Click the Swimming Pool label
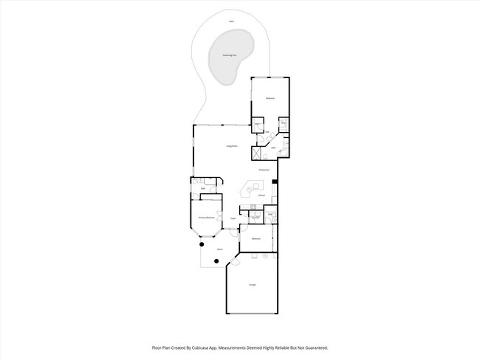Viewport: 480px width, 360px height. (x=230, y=55)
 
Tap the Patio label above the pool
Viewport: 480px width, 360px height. (x=231, y=21)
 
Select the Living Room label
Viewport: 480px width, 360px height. (x=231, y=147)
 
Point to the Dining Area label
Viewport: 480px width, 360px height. (x=263, y=170)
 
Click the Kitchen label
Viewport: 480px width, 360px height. (x=262, y=195)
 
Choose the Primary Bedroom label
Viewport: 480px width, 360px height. (x=206, y=218)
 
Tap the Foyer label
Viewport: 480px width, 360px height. (x=233, y=218)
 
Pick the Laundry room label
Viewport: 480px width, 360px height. (x=255, y=218)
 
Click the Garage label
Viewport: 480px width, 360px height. (x=252, y=285)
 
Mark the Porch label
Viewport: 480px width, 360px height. (x=219, y=250)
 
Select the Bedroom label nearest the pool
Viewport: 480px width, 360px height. (x=270, y=99)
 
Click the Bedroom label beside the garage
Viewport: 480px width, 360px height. (x=256, y=239)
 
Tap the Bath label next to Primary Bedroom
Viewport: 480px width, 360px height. (x=203, y=189)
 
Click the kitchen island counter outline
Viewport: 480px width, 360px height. (x=245, y=193)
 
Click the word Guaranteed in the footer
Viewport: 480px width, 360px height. (x=314, y=347)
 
